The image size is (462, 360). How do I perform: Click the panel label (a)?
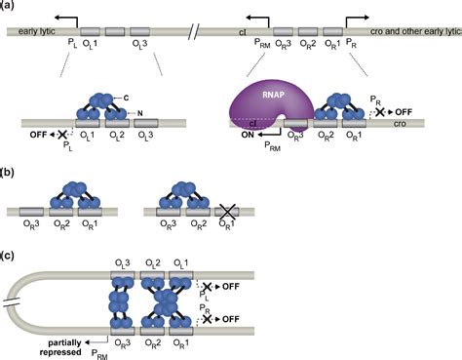(9, 7)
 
